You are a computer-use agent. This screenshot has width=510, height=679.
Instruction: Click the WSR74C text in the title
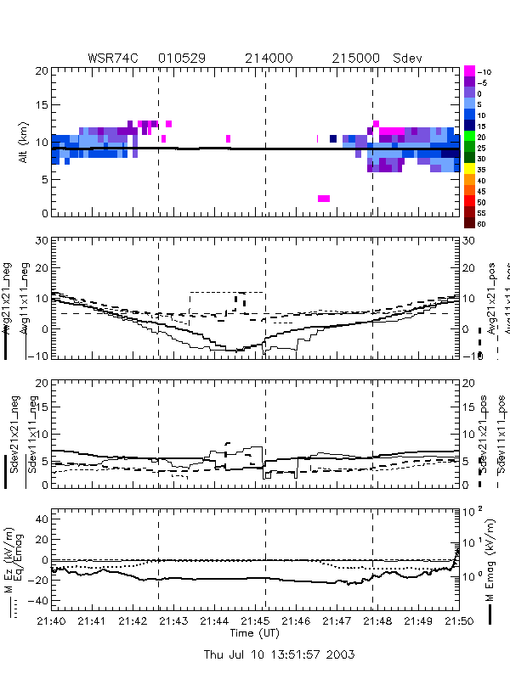115,58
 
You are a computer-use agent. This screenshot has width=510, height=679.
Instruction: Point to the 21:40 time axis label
52,622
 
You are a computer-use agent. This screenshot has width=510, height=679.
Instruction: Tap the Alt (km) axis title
24,143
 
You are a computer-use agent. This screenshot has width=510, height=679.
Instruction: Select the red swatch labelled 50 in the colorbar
468,202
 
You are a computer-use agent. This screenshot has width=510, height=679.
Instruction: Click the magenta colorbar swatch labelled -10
468,70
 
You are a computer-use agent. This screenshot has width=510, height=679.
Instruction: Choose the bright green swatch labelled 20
468,136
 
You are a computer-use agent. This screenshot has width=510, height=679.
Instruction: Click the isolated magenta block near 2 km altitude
324,199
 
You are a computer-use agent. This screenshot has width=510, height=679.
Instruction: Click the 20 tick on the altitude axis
39,71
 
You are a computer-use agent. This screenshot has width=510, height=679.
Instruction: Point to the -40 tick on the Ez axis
37,601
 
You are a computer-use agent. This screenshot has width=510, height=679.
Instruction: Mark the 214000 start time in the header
269,58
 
